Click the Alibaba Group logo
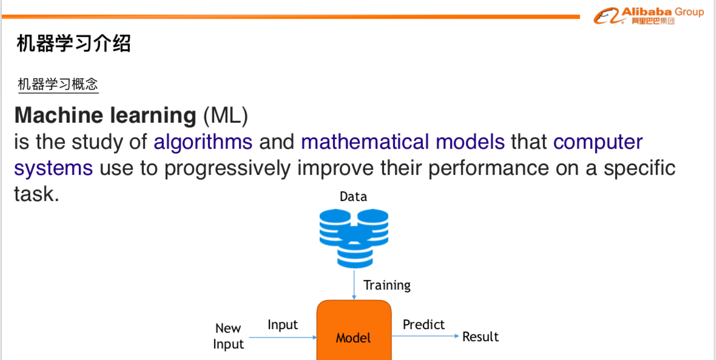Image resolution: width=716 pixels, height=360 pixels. pyautogui.click(x=649, y=16)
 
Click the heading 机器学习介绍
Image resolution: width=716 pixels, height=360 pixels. pyautogui.click(x=74, y=44)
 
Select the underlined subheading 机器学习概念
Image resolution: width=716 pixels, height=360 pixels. pyautogui.click(x=58, y=84)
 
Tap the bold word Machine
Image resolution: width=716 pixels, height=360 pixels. pyautogui.click(x=59, y=115)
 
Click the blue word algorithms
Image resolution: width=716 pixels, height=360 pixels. pyautogui.click(x=203, y=143)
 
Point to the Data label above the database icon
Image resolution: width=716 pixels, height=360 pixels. pyautogui.click(x=353, y=197)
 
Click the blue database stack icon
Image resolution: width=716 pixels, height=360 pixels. pyautogui.click(x=354, y=238)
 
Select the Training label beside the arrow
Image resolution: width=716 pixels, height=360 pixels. pyautogui.click(x=387, y=285)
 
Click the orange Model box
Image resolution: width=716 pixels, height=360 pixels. pyautogui.click(x=354, y=330)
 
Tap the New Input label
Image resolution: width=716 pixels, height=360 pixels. pyautogui.click(x=228, y=336)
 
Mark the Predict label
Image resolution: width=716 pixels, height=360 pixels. pyautogui.click(x=424, y=325)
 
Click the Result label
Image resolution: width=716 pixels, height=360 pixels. pyautogui.click(x=481, y=337)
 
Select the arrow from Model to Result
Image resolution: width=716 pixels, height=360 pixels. pyautogui.click(x=425, y=336)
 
